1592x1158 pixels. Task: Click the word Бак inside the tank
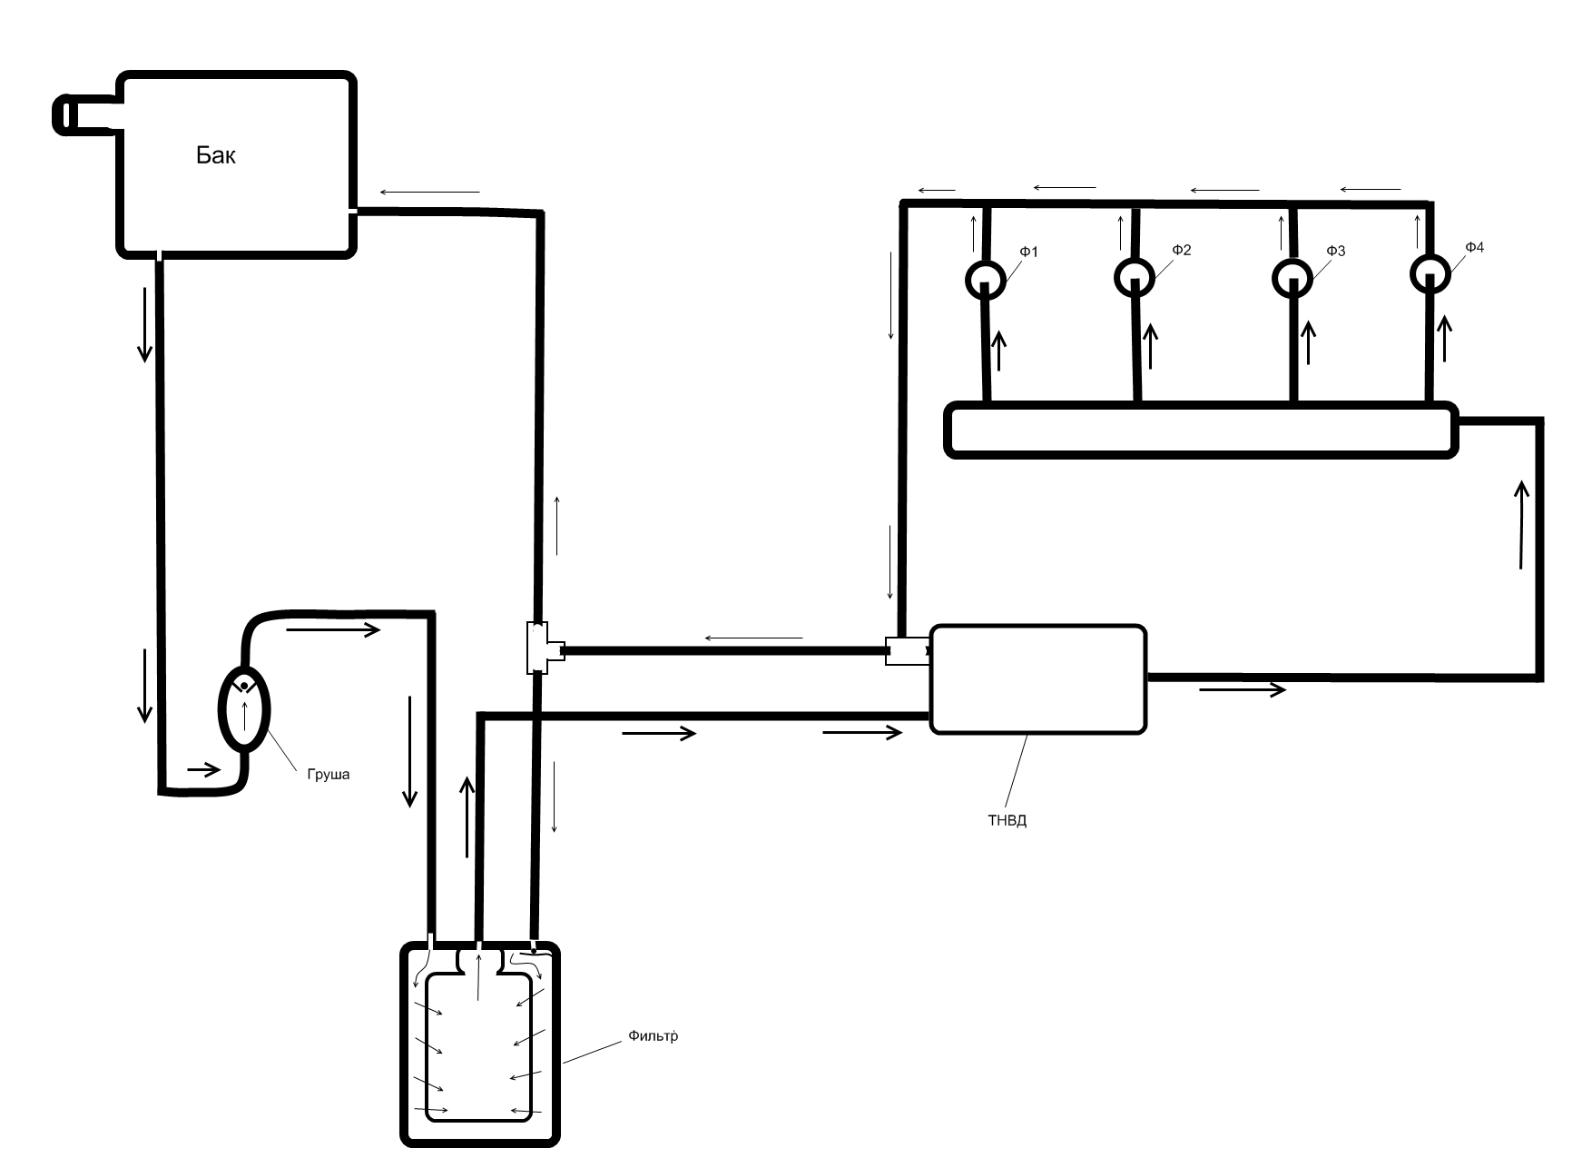pos(216,155)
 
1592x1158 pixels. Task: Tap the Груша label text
pos(328,775)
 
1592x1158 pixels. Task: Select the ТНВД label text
pos(1007,821)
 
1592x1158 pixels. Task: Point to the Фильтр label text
pos(653,1036)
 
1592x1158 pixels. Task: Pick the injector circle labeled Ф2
pos(1135,278)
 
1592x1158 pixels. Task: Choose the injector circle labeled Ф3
pos(1292,278)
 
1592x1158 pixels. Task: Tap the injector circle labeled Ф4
pos(1430,273)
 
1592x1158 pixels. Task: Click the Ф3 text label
pos(1335,251)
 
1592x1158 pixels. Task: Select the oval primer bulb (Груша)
pos(244,708)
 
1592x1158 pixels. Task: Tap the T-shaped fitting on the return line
pos(543,648)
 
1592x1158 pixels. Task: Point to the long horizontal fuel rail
pos(1201,430)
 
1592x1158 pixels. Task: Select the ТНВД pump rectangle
pos(1038,678)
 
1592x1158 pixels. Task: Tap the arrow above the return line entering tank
pos(429,193)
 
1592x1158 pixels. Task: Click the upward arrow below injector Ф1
pos(999,351)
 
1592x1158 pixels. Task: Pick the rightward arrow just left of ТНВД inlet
pos(862,732)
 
